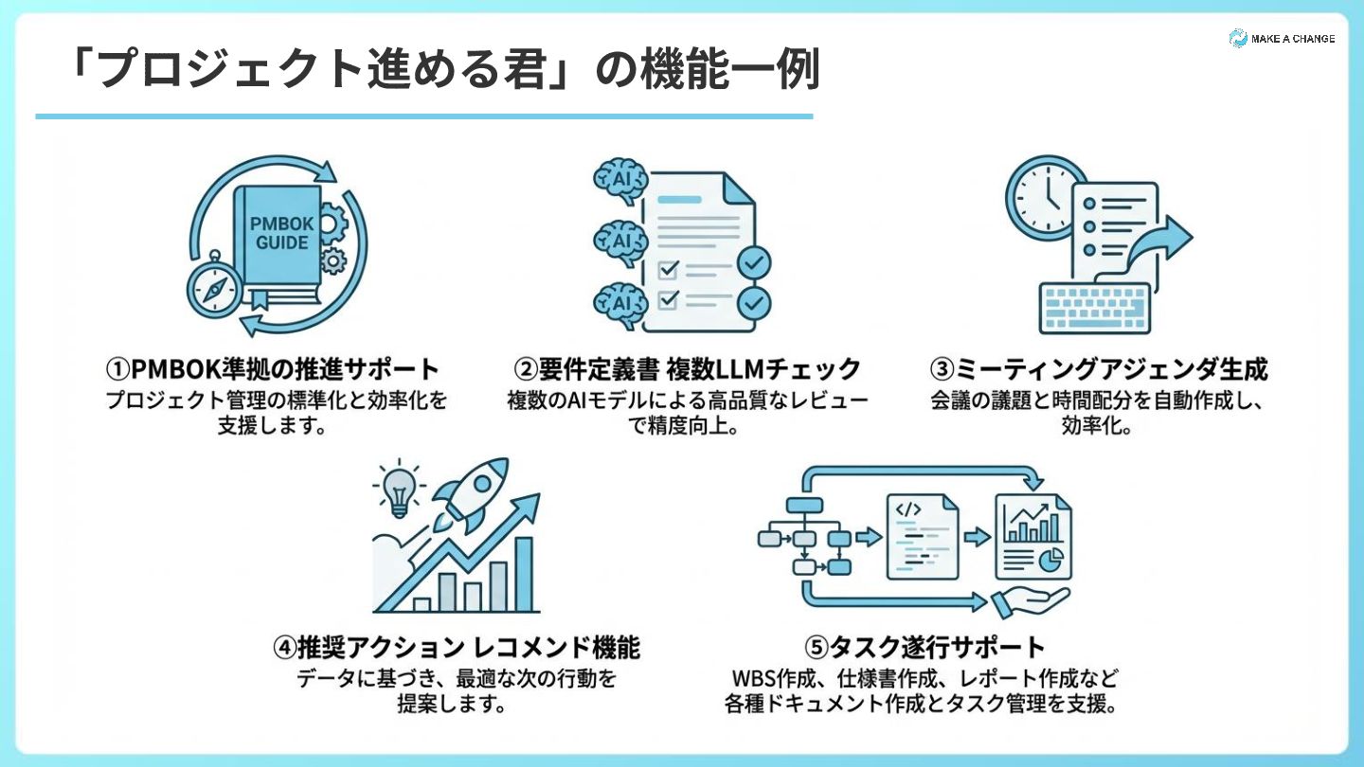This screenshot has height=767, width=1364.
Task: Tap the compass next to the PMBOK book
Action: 214,288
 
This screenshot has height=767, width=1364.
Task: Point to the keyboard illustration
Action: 1094,307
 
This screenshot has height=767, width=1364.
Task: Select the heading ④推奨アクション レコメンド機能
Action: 457,648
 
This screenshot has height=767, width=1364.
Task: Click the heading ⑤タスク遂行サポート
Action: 924,648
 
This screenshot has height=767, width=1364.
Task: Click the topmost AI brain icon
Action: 621,180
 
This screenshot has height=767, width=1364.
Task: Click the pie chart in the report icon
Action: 1049,560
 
